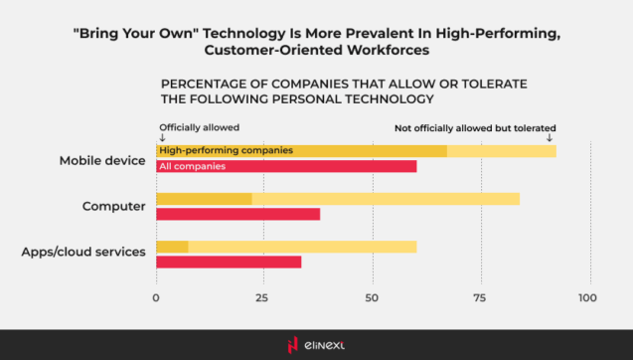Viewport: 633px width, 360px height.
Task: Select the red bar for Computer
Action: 238,214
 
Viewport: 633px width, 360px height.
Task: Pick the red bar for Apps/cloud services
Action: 229,262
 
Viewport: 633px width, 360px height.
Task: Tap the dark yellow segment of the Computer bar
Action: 204,199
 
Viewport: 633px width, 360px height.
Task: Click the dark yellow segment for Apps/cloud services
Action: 172,247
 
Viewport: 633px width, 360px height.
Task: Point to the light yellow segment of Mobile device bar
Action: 501,151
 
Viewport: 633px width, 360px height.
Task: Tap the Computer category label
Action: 114,207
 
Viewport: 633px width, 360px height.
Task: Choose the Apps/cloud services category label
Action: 83,253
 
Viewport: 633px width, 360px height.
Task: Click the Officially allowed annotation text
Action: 200,127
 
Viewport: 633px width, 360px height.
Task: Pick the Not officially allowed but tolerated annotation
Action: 475,127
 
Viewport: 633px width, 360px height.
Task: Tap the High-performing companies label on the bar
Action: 226,150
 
